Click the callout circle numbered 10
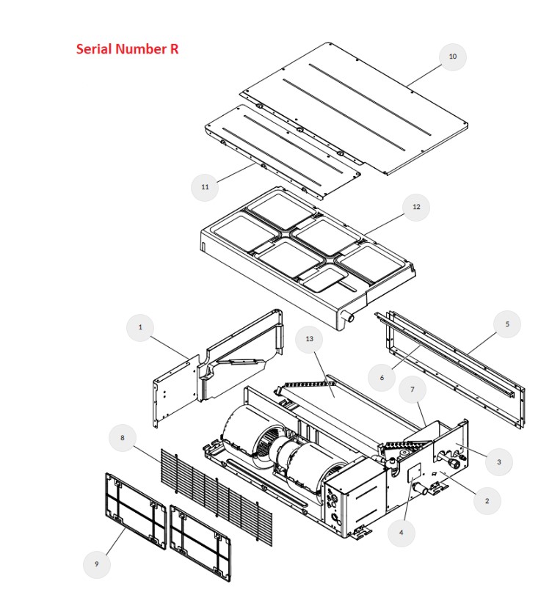[x=452, y=57]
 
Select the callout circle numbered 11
[x=205, y=187]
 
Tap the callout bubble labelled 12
[x=416, y=207]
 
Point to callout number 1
[x=140, y=327]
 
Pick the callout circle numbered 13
[x=310, y=339]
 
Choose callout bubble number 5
[x=507, y=324]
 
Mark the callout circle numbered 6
[x=382, y=378]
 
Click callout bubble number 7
[x=413, y=390]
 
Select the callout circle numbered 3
[x=499, y=462]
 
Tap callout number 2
[x=487, y=501]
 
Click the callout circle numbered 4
[x=402, y=533]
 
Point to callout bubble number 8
[x=123, y=438]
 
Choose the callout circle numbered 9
[x=97, y=564]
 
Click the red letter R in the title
[x=174, y=49]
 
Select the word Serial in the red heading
[x=94, y=49]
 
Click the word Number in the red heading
[x=141, y=49]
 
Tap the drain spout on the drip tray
[x=348, y=317]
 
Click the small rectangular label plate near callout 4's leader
[x=414, y=472]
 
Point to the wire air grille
[x=217, y=497]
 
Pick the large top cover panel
[x=354, y=109]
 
